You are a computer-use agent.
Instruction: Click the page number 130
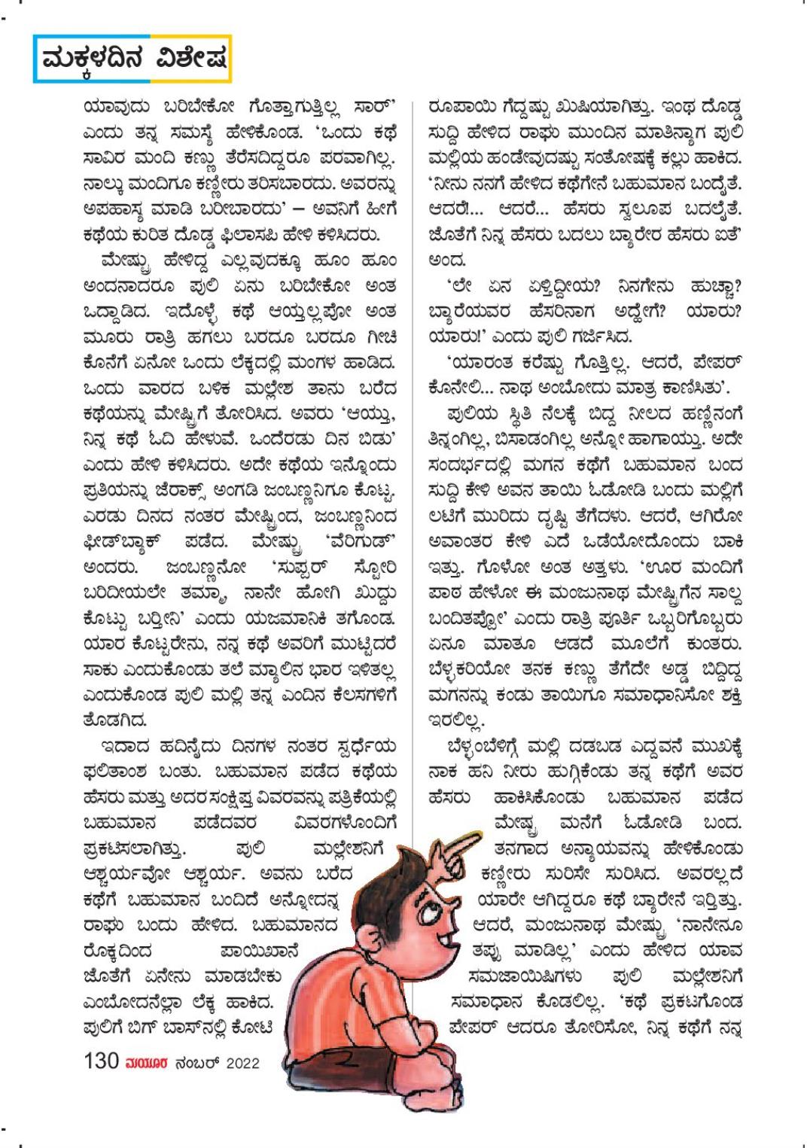tap(102, 1061)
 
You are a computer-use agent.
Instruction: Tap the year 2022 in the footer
tap(242, 1063)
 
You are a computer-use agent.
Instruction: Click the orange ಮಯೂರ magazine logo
tap(147, 1063)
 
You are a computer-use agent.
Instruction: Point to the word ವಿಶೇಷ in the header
tap(188, 59)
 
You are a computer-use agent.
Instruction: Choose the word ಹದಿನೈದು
tap(180, 747)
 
